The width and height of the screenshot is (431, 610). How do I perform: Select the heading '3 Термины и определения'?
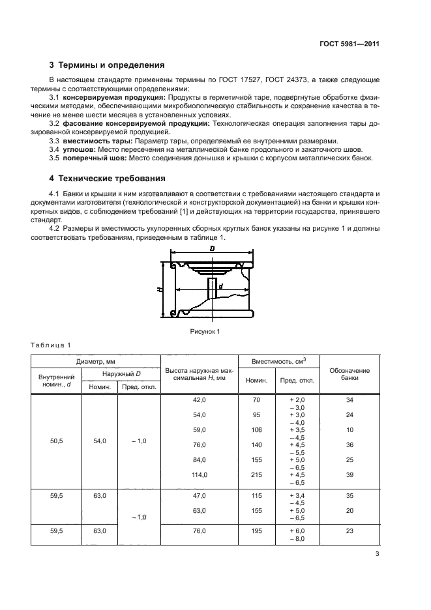(x=108, y=65)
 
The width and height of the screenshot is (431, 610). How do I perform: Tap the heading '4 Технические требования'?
(x=108, y=179)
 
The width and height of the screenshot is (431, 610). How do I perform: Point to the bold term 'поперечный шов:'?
(x=95, y=158)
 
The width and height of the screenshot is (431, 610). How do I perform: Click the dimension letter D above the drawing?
(x=212, y=250)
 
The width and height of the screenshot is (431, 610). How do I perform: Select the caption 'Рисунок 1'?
(x=205, y=332)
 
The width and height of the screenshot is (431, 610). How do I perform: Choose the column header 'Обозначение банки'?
(x=349, y=374)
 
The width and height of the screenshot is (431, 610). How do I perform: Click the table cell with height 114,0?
(x=199, y=475)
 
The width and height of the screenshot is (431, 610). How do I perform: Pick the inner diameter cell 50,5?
(x=56, y=441)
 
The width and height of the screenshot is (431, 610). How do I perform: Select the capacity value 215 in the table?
(x=256, y=475)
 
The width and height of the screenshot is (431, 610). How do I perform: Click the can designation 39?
(x=349, y=475)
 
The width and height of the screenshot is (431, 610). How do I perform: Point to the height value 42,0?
(x=199, y=399)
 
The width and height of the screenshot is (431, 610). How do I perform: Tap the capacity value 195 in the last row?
(x=256, y=531)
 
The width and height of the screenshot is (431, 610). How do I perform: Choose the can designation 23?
(x=349, y=531)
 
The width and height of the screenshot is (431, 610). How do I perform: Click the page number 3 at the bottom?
(x=377, y=555)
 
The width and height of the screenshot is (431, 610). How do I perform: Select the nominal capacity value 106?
(x=256, y=429)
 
